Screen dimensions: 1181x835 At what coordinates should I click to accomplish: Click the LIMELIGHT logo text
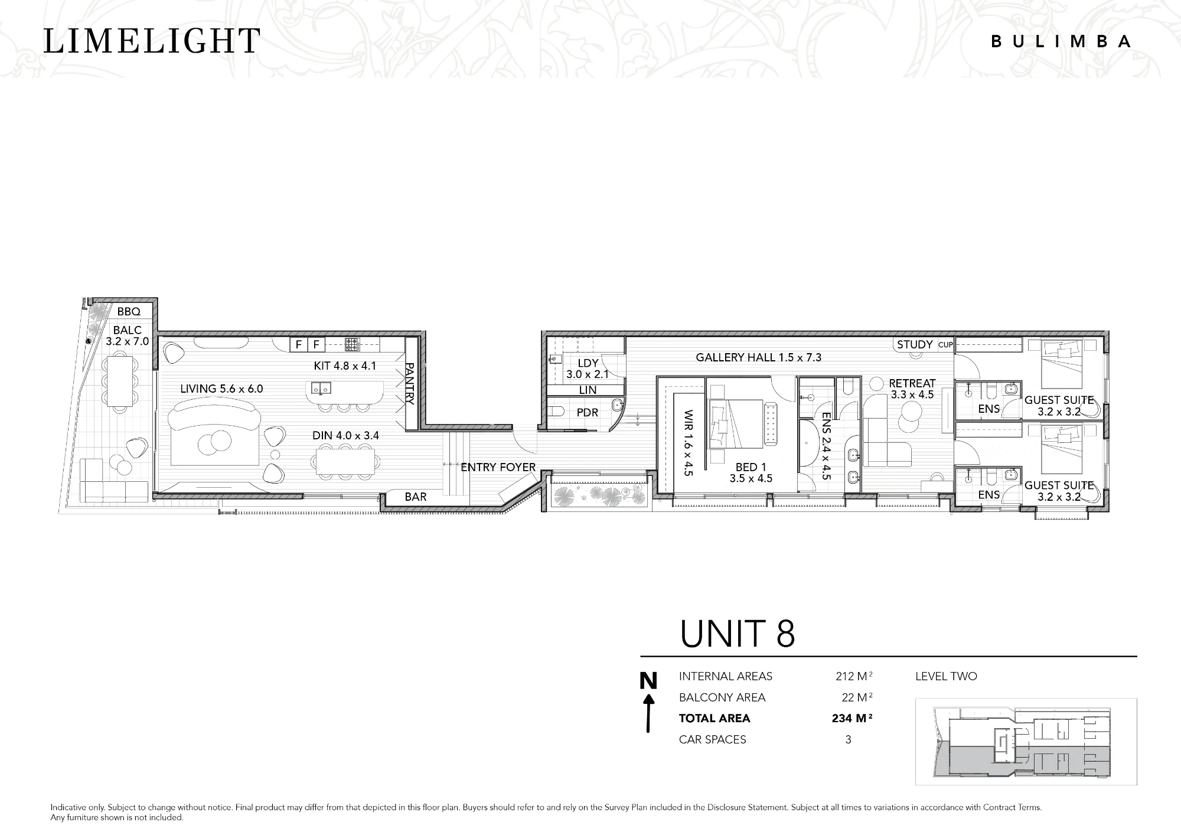[x=152, y=41]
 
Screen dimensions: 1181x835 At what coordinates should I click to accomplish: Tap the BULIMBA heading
[x=1061, y=41]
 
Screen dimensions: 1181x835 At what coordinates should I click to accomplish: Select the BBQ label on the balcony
[x=129, y=312]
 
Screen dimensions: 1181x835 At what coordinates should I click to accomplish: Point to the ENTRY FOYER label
[x=498, y=467]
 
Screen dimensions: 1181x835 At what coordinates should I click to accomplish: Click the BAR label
[x=416, y=497]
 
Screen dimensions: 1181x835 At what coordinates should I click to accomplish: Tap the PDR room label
[x=588, y=413]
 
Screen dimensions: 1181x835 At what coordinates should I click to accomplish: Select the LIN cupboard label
[x=588, y=390]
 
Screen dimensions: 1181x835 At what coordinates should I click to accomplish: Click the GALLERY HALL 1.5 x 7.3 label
[x=758, y=357]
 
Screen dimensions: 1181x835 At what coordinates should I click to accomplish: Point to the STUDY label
[x=915, y=344]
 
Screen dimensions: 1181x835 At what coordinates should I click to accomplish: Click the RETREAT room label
[x=912, y=383]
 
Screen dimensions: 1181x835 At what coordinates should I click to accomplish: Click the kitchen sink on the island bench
[x=321, y=389]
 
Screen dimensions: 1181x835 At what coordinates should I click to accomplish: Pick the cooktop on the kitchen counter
[x=353, y=344]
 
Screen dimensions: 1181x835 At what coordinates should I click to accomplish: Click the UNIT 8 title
[x=738, y=634]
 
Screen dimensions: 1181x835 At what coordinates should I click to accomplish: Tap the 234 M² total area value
[x=852, y=718]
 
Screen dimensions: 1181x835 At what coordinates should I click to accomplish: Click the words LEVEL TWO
[x=946, y=676]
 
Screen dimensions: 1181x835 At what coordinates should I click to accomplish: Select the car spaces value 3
[x=848, y=739]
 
